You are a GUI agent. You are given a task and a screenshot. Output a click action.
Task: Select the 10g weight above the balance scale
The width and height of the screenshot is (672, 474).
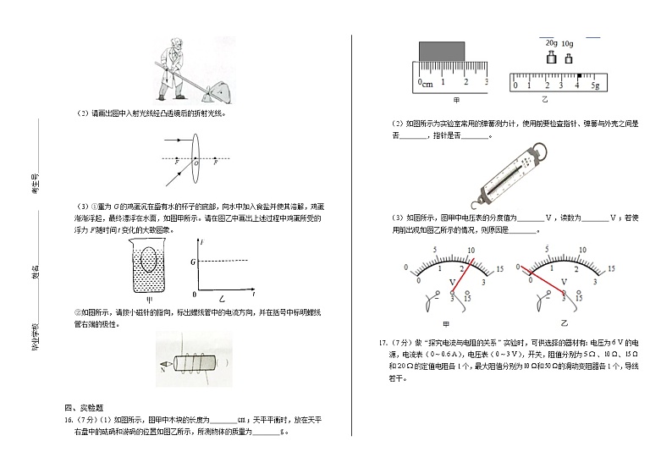pos(567,58)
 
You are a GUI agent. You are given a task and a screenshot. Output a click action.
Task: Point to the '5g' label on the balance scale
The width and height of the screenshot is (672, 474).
pos(595,86)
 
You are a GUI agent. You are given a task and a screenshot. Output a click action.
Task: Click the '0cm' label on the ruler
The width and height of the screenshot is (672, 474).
pos(425,84)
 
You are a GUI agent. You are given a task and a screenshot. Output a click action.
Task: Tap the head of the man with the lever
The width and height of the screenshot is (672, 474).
pos(174,47)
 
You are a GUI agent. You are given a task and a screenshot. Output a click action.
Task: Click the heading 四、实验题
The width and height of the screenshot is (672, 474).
pos(83,407)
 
